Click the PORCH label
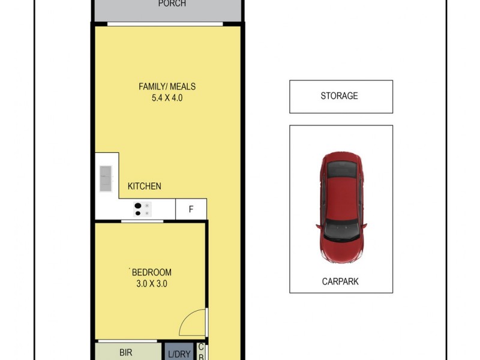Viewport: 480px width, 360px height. tap(172, 4)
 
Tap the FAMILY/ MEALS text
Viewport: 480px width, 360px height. tap(167, 86)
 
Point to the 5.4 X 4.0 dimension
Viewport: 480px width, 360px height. tap(167, 97)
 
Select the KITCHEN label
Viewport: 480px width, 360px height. tap(144, 186)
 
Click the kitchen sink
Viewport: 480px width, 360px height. tap(106, 178)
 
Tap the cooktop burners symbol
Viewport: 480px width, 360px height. tap(143, 209)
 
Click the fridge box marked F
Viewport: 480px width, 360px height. tap(191, 209)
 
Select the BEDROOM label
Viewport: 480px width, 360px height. tap(151, 272)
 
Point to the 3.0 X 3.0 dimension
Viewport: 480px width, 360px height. tap(151, 283)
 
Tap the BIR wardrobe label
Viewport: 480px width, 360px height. tap(125, 353)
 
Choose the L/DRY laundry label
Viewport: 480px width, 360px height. tap(179, 354)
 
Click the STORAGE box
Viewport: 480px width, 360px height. tap(341, 96)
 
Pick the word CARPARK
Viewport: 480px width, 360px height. tap(341, 281)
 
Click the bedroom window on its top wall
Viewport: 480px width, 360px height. tap(142, 221)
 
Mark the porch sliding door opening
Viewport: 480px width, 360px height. tap(165, 23)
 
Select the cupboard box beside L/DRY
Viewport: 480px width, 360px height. tap(201, 351)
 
